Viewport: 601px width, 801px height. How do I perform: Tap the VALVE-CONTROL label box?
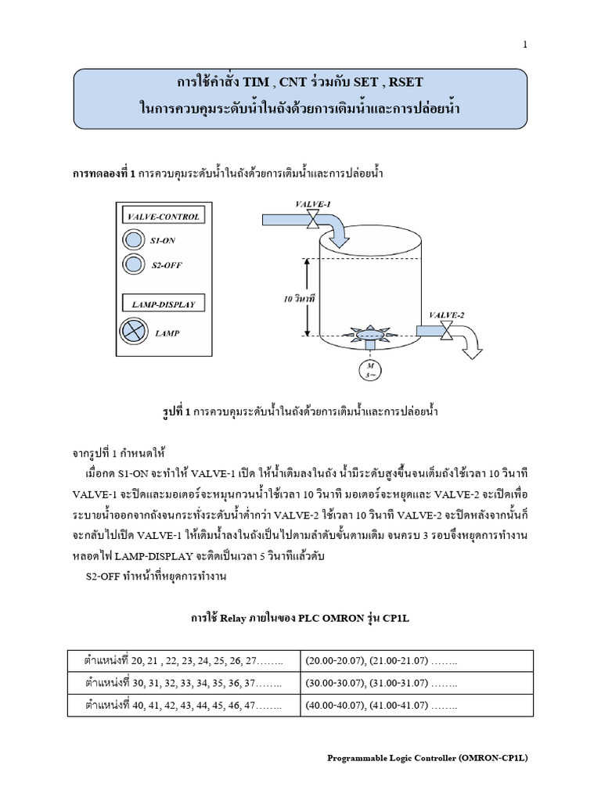pyautogui.click(x=163, y=217)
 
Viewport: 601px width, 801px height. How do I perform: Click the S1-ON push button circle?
pyautogui.click(x=134, y=240)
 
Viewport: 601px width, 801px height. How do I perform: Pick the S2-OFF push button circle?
pyautogui.click(x=134, y=265)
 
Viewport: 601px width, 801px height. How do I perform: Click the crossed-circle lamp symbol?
pyautogui.click(x=134, y=332)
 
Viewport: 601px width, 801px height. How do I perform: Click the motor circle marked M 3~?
pyautogui.click(x=366, y=368)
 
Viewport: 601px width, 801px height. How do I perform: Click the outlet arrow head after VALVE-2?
pyautogui.click(x=472, y=353)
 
